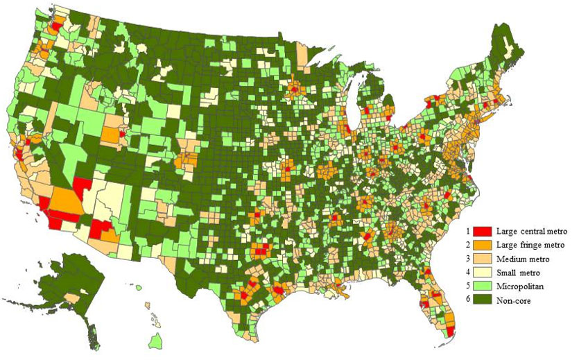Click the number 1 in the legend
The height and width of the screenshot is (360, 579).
click(x=469, y=230)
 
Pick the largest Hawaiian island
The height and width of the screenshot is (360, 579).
click(x=157, y=341)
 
